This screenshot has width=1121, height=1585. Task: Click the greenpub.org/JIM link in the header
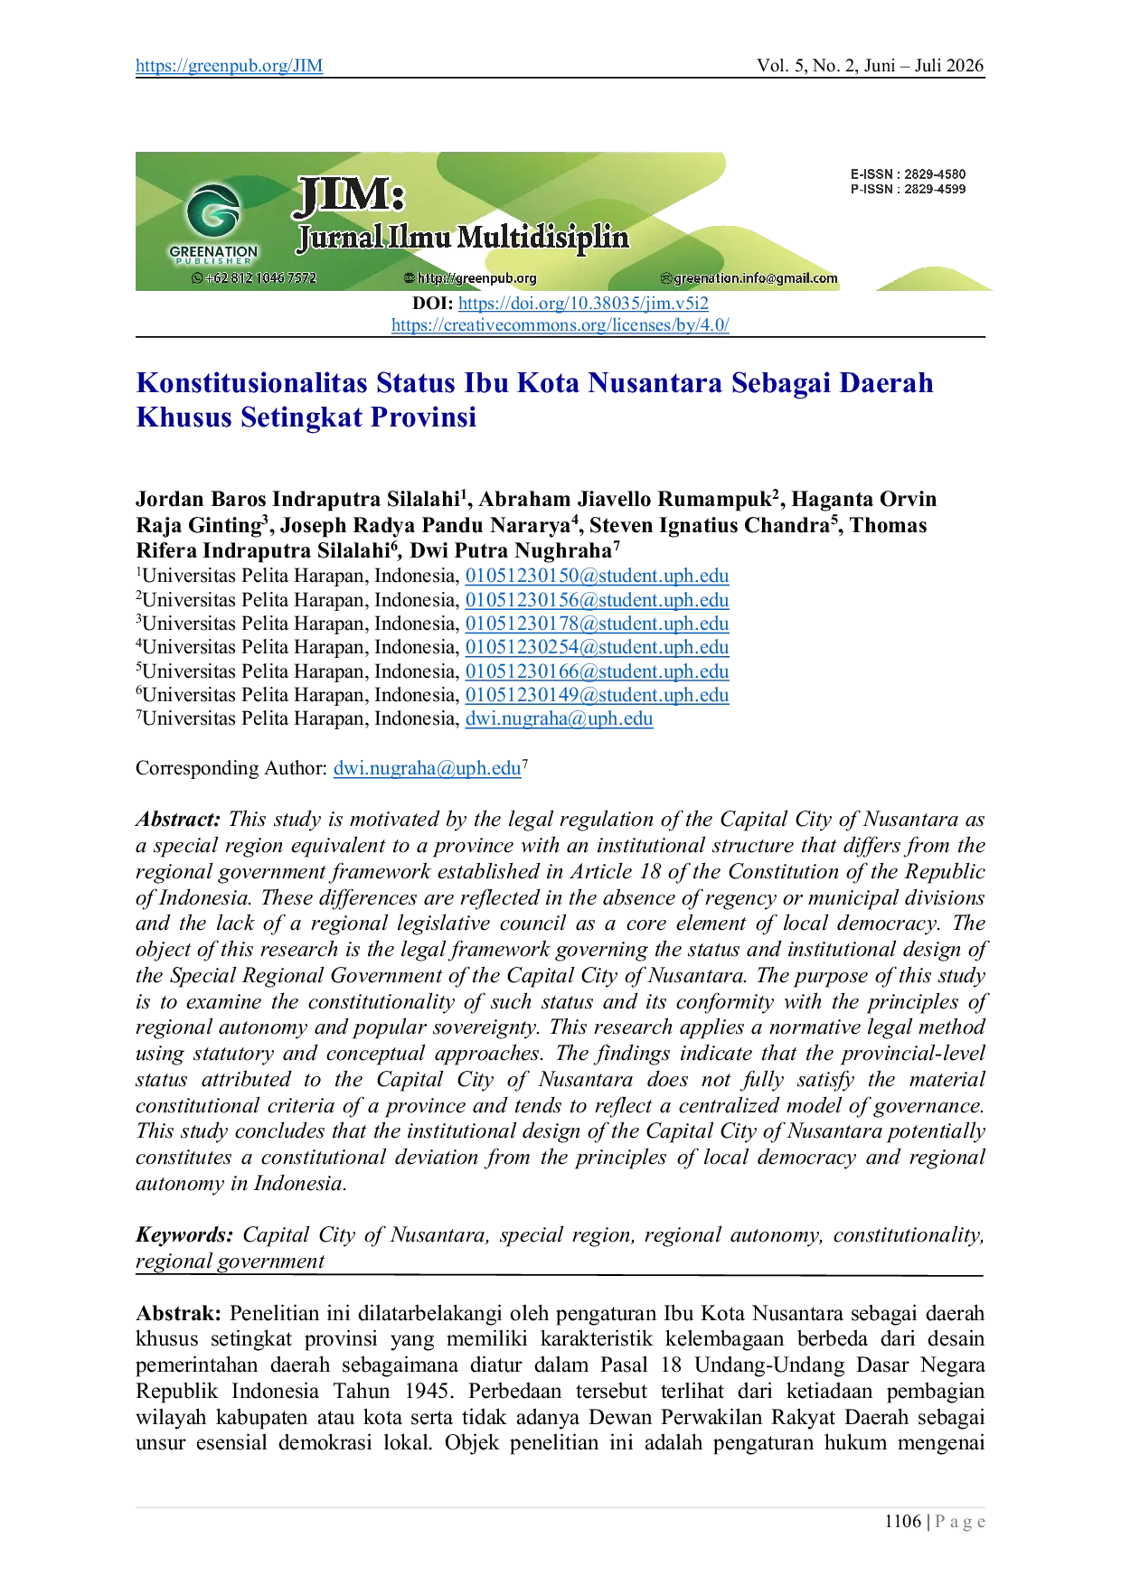[229, 66]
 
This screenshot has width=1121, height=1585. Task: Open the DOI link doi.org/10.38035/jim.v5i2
[583, 304]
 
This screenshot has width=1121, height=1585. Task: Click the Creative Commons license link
[560, 325]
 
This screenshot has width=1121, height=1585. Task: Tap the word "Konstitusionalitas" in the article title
[252, 383]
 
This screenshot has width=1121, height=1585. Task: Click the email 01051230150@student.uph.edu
[597, 577]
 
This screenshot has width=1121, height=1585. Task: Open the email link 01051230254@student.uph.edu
[597, 648]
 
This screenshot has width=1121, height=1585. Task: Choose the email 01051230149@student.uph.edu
[597, 696]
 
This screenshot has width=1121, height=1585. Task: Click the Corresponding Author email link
[428, 769]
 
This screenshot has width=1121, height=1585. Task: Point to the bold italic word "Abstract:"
[178, 820]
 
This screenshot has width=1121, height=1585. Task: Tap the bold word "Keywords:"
[184, 1235]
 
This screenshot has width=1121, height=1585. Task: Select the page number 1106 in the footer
[902, 1522]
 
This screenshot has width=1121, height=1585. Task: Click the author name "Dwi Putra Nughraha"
[511, 551]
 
